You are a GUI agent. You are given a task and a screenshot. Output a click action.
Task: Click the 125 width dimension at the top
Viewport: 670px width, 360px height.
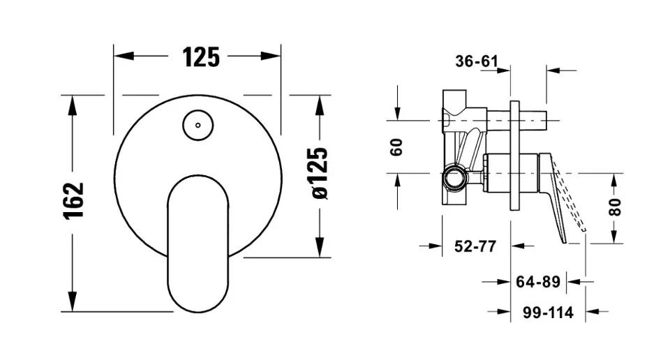[201, 57]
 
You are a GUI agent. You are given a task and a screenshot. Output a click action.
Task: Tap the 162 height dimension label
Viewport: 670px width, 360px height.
[74, 201]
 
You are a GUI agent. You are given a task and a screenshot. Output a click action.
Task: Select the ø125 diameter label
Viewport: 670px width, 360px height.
[320, 173]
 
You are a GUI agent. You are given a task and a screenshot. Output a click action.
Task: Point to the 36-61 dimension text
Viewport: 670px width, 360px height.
[477, 61]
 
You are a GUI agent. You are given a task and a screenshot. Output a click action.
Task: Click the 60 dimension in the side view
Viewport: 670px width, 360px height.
[396, 147]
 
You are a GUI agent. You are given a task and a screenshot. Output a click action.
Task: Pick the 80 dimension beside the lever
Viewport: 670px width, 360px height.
[616, 207]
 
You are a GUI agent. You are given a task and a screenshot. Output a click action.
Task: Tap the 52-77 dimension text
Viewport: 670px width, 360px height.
[475, 246]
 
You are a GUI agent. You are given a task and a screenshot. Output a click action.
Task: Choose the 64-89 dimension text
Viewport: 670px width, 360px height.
[538, 282]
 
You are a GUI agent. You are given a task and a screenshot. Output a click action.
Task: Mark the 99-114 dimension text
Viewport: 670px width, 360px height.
[549, 313]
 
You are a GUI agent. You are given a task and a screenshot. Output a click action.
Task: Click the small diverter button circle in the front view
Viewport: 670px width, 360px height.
[198, 125]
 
